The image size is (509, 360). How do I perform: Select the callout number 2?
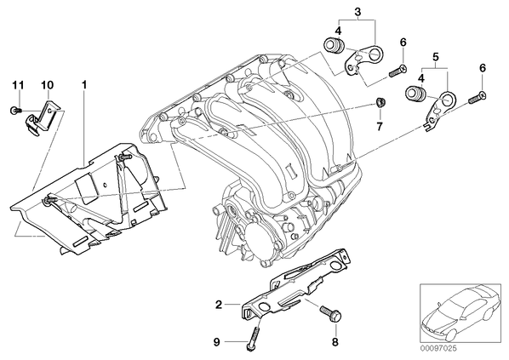(x=219, y=305)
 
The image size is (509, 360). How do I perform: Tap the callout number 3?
(x=357, y=12)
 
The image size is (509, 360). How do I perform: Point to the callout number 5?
(x=435, y=57)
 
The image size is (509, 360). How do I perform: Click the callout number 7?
(x=380, y=126)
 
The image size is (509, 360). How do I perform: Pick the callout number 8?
(x=335, y=341)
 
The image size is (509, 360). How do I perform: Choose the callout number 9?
(x=217, y=341)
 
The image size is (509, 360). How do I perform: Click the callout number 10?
(x=47, y=85)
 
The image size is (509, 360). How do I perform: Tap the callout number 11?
(x=18, y=85)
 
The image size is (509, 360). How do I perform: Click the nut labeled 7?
(x=380, y=103)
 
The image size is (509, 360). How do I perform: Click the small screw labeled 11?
(x=15, y=111)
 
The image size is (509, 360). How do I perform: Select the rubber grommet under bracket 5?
(x=415, y=94)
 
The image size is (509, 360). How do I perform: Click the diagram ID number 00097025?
(x=438, y=348)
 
